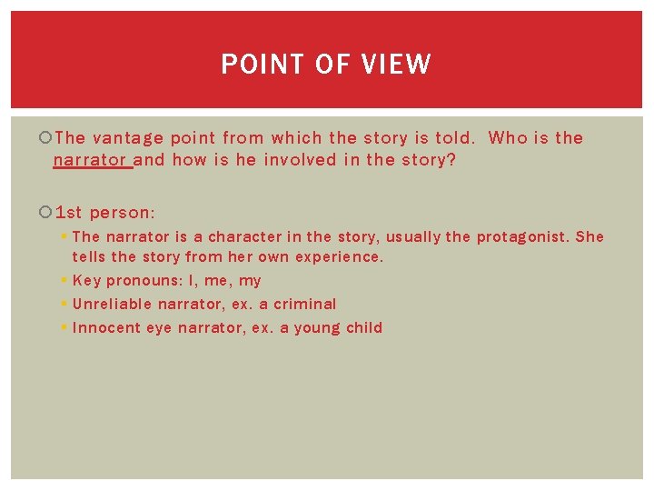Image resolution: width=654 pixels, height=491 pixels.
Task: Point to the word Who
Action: click(508, 138)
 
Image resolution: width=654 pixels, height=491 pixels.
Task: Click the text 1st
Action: click(68, 213)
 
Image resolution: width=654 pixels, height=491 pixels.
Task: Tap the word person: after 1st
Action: click(123, 213)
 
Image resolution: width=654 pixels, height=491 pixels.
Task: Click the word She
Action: click(590, 236)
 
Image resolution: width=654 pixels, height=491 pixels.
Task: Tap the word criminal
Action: click(305, 305)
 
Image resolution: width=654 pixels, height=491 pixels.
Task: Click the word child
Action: click(364, 328)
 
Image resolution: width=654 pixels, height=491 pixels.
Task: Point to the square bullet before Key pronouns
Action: click(65, 281)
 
